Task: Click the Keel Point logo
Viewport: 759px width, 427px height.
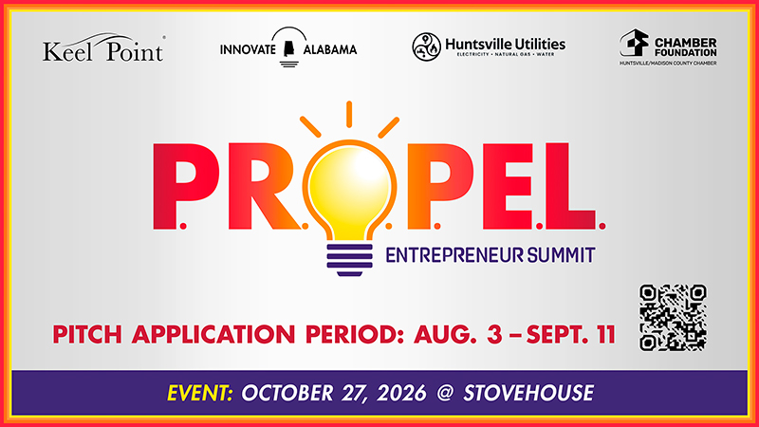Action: (x=103, y=47)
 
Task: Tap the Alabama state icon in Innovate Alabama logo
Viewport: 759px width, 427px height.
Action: (x=289, y=49)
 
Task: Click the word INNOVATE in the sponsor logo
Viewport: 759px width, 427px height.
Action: (x=248, y=49)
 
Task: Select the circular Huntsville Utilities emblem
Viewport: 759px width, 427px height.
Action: (x=426, y=46)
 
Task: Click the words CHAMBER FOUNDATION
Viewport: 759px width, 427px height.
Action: (x=685, y=47)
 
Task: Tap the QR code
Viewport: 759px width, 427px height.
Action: (x=673, y=318)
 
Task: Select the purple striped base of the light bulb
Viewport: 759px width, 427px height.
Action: (x=349, y=260)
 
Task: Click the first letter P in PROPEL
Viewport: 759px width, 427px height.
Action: (x=185, y=186)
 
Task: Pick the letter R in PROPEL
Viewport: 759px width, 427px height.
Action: (x=264, y=186)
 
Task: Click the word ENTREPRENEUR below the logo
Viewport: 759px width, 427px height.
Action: (x=454, y=254)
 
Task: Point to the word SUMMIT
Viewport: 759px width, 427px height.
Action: (x=561, y=254)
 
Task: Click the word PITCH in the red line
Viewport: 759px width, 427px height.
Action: (x=87, y=335)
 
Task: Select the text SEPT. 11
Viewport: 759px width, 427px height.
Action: (x=571, y=335)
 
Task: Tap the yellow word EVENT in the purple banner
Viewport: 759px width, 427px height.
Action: (x=200, y=393)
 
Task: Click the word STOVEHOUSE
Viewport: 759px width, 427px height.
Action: (x=528, y=393)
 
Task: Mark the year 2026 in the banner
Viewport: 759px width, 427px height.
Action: (x=401, y=393)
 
